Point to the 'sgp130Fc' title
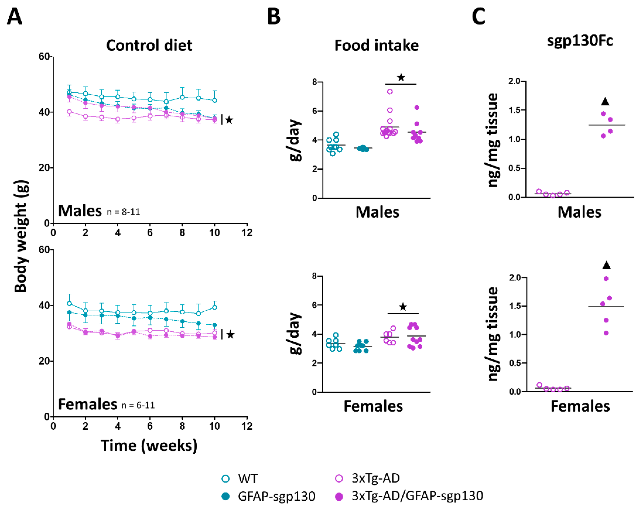pyautogui.click(x=580, y=41)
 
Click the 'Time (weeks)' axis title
pyautogui.click(x=149, y=445)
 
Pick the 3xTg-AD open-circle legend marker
pyautogui.click(x=339, y=478)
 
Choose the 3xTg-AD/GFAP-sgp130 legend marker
pyautogui.click(x=339, y=496)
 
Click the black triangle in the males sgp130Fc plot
pyautogui.click(x=605, y=102)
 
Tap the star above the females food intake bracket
pyautogui.click(x=403, y=307)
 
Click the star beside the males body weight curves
pyautogui.click(x=229, y=120)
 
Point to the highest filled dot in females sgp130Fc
pyautogui.click(x=606, y=278)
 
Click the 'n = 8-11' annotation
pyautogui.click(x=123, y=212)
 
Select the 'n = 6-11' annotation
pyautogui.click(x=138, y=405)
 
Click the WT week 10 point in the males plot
pyautogui.click(x=215, y=100)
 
